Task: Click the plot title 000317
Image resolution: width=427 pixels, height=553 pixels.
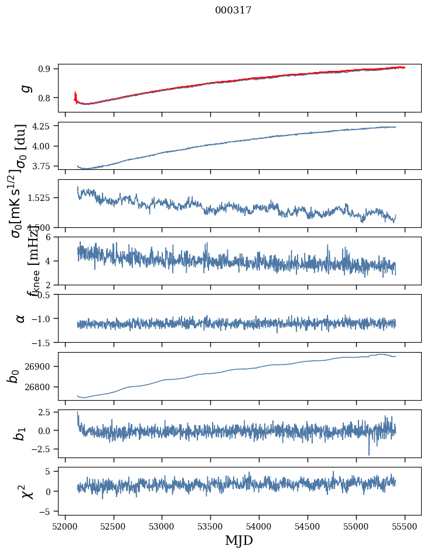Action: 233,11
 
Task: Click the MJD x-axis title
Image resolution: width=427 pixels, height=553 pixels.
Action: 239,540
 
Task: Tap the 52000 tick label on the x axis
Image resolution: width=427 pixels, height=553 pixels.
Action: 65,526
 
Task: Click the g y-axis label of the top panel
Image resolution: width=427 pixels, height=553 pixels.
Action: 25,88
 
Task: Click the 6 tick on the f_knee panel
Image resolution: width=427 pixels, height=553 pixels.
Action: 50,237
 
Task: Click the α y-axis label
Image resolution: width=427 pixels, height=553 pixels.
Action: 21,318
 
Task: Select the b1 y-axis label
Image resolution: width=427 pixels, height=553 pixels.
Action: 21,433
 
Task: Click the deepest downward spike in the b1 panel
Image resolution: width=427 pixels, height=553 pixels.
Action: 369,455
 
